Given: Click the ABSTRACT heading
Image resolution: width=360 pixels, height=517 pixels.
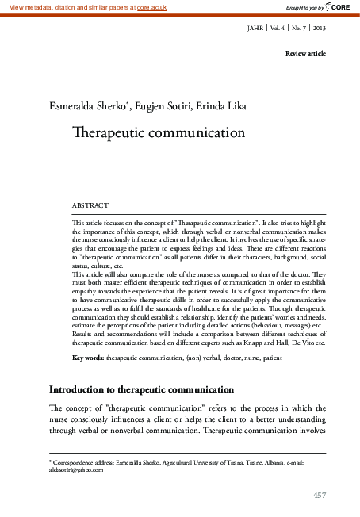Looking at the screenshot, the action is pos(90,204).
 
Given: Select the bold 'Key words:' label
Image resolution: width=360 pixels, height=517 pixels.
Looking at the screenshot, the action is pos(88,358).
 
